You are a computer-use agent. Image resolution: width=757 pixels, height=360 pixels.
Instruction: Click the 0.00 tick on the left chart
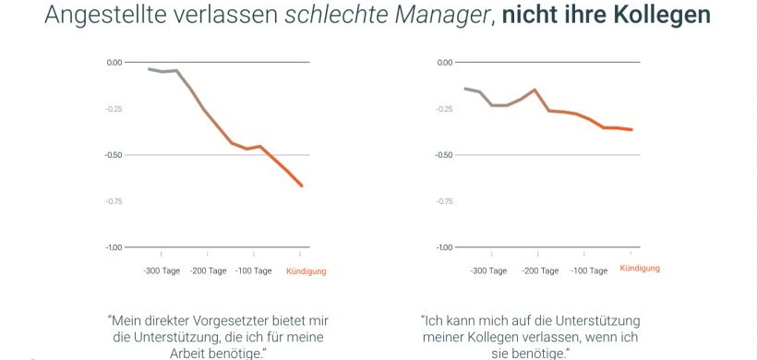click(114, 63)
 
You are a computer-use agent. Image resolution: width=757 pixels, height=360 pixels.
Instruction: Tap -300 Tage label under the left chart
click(161, 270)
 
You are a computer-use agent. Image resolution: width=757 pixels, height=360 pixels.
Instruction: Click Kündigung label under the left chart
click(306, 270)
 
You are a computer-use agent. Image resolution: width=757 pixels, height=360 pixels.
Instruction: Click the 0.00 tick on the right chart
click(444, 63)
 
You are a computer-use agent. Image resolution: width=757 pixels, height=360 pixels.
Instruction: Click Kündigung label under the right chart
click(640, 268)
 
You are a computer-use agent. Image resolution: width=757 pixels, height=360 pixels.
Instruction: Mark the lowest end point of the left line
click(302, 186)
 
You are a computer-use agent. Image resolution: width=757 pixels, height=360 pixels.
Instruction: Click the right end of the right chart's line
click(632, 130)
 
